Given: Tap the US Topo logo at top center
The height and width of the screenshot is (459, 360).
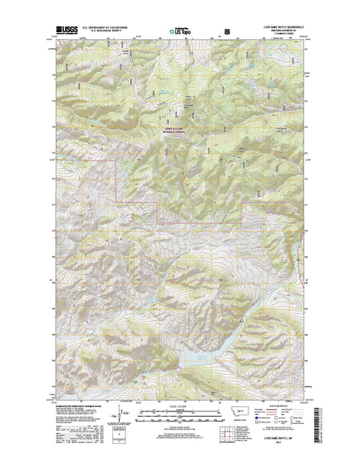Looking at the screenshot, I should click(181, 34).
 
